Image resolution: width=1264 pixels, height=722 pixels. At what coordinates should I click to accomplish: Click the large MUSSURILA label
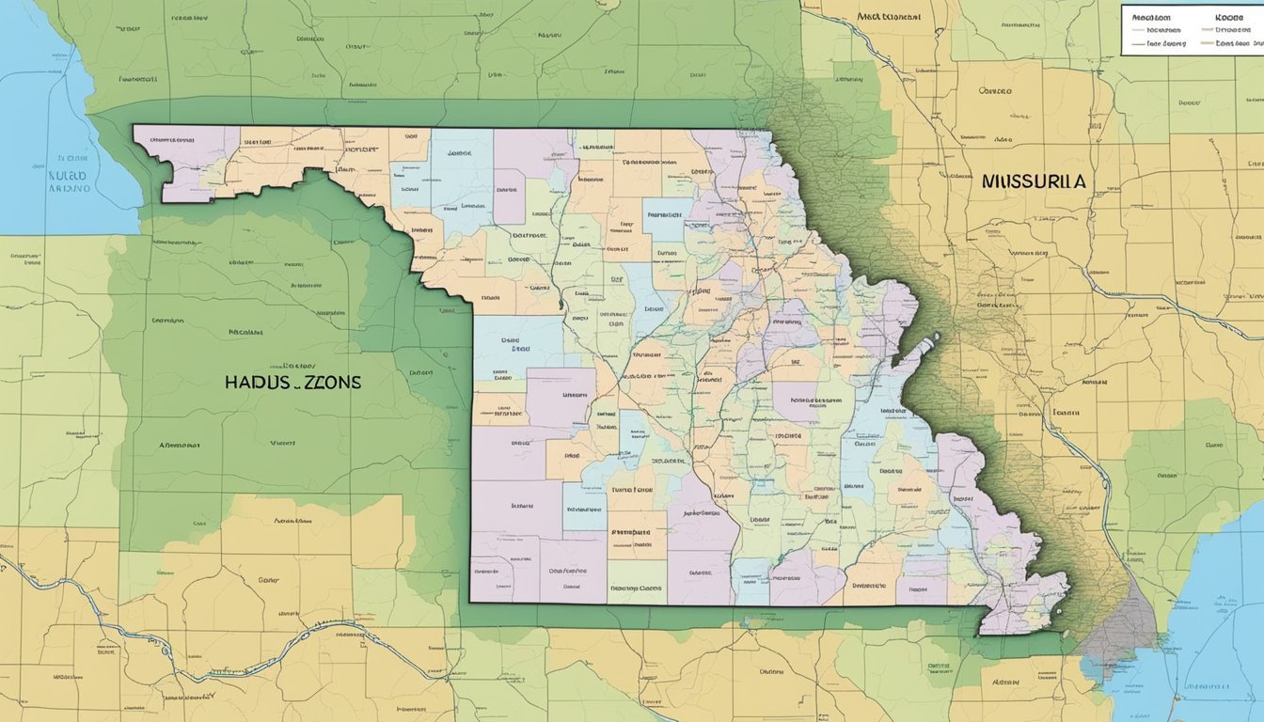[x=1033, y=181]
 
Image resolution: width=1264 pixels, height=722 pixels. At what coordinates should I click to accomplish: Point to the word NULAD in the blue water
[x=67, y=175]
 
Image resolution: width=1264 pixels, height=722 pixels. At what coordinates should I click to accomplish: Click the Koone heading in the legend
[x=1228, y=18]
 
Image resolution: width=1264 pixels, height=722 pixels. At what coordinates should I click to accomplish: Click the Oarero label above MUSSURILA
[x=994, y=91]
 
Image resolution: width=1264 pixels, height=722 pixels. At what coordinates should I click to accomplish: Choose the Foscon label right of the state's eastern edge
[x=1065, y=412]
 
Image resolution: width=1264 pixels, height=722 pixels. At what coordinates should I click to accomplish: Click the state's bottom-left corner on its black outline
[x=471, y=602]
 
